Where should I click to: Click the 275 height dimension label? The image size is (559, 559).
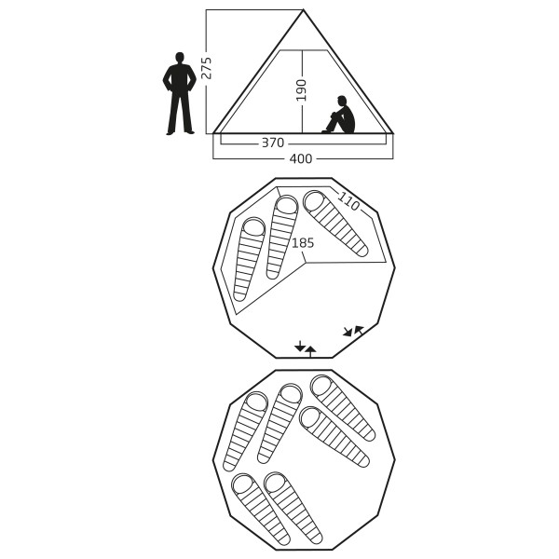coord(206,68)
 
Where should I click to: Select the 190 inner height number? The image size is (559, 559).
coord(302,90)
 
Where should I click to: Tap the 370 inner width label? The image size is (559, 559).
coord(273,143)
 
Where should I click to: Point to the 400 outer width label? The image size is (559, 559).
coord(301,158)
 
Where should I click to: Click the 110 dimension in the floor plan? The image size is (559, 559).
coord(348,201)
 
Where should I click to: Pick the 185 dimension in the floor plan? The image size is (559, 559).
coord(303,243)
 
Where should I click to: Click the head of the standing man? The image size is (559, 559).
coord(180,58)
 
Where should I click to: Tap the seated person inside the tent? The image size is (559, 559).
coord(339,115)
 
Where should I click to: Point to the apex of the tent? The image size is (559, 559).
coord(303,10)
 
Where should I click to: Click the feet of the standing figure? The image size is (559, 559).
coord(181,132)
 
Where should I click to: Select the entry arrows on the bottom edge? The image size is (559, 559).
coord(306,348)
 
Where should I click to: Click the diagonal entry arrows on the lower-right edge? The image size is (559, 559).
coord(353,331)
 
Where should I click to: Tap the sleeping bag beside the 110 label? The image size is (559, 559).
coord(335,224)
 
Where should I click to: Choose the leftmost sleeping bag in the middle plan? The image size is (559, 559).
coord(249,259)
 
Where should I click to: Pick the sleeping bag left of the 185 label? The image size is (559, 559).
coord(281,237)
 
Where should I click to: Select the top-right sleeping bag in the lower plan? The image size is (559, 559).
coord(343,408)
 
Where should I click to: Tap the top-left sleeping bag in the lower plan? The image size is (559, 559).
coord(245,431)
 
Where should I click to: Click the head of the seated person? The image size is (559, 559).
coord(342,101)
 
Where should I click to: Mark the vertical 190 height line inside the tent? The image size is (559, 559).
coord(302,91)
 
